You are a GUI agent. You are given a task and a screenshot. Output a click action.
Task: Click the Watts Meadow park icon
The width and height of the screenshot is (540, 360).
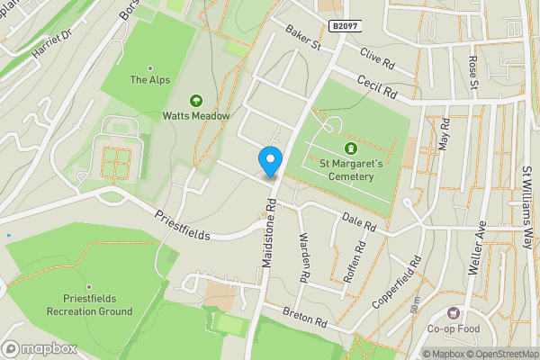coord(196,101)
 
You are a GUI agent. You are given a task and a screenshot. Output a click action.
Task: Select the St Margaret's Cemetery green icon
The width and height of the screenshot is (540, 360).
coord(350,148)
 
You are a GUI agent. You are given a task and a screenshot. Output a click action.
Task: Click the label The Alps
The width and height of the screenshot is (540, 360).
coord(148,80)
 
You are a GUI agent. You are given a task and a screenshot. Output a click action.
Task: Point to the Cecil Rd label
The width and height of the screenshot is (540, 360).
coord(376,85)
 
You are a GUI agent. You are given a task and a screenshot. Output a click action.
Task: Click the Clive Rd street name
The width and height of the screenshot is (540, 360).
coord(378,58)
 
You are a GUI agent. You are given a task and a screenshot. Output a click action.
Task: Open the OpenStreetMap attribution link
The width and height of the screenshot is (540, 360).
coord(502,354)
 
